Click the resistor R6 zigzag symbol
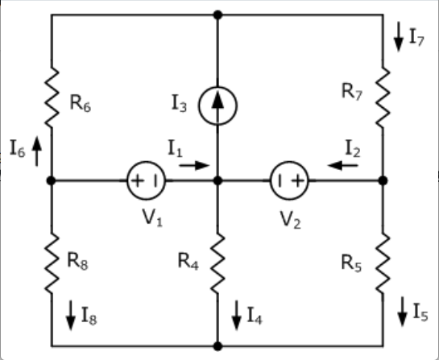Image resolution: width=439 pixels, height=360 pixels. point(52,98)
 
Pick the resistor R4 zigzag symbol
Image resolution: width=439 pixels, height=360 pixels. point(217,263)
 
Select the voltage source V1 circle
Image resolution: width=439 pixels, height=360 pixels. point(146,180)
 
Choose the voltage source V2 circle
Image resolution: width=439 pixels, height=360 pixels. point(289,180)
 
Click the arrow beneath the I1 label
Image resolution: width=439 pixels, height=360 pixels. point(193,165)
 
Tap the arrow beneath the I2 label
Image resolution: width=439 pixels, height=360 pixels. point(344,165)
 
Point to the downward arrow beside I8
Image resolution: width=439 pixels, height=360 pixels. point(71,311)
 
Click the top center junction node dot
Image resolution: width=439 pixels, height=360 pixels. point(217,14)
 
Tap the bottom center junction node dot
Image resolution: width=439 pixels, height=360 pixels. point(217,346)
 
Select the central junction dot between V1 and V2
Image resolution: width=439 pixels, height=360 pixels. point(217,180)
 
